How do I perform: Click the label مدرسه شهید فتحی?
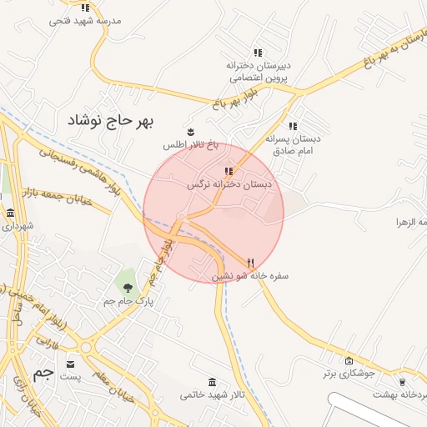85,19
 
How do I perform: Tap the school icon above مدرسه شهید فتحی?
85,8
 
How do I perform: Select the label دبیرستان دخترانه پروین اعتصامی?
257,70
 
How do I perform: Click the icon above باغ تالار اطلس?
191,132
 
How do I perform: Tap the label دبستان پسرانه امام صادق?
293,143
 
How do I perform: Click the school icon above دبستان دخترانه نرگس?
229,172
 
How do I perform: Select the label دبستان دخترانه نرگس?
230,184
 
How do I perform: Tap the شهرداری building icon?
10,213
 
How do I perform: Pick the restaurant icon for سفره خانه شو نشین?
250,262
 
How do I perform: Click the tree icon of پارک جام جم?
127,289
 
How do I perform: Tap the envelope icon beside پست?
69,364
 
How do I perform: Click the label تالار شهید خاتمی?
212,394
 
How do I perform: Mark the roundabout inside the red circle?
181,218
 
